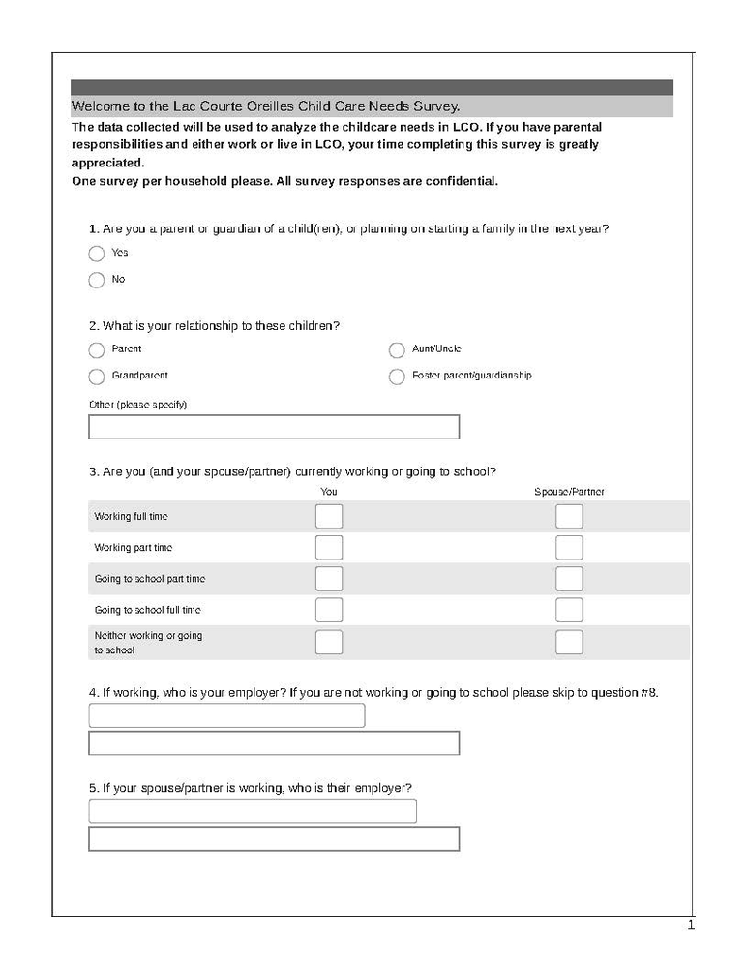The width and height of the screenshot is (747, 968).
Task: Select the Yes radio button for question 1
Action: coord(96,254)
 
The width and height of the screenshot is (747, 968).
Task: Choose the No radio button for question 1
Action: coord(96,281)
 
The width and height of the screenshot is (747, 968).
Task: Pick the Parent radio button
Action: coord(96,350)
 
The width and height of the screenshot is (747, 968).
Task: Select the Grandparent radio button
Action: coord(96,377)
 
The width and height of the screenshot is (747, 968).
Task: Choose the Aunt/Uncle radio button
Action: coord(397,350)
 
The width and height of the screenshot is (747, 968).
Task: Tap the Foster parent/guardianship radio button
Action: coord(397,377)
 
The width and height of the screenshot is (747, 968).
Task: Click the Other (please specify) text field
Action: coord(274,427)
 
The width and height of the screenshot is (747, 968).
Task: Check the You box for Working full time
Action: coord(329,517)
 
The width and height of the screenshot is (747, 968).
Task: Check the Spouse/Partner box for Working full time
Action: coord(569,517)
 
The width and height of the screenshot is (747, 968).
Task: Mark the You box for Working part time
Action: coord(329,548)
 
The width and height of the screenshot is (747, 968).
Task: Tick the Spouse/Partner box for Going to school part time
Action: coord(569,579)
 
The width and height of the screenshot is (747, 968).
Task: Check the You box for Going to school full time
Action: coord(329,610)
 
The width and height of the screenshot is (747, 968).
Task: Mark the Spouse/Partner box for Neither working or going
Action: coord(569,642)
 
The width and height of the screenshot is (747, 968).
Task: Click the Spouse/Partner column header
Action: coord(569,492)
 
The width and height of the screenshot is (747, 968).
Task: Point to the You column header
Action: coord(329,492)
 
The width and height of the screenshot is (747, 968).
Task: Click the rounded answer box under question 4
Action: coord(226,715)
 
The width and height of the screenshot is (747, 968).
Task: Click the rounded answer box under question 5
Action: coord(253,811)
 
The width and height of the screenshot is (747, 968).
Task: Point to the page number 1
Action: coord(691,925)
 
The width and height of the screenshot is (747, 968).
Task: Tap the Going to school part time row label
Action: coord(149,579)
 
